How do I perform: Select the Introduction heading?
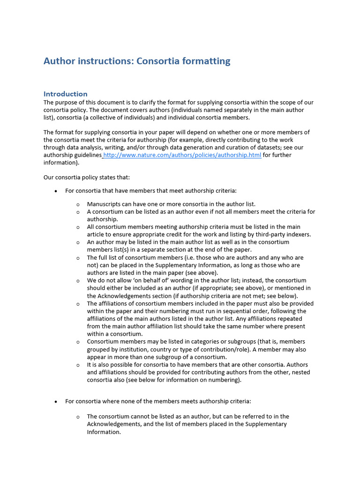tap(66, 94)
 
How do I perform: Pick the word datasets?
tap(275, 148)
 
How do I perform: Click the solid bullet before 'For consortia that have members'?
tap(56, 191)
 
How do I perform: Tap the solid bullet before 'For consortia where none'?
tap(56, 402)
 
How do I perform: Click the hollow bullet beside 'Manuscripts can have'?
tap(78, 204)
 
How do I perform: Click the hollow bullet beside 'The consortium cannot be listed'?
tap(78, 417)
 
